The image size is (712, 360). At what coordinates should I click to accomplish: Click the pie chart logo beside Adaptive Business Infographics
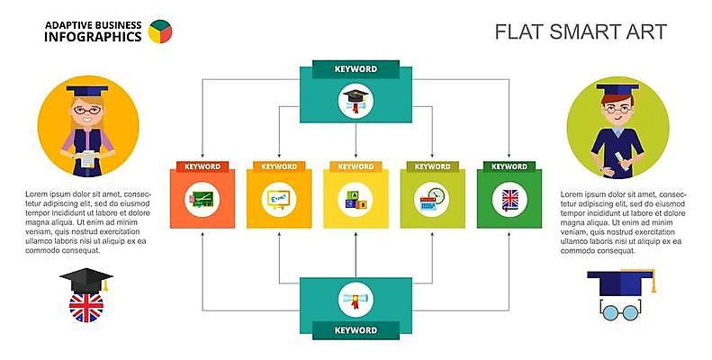coord(159,31)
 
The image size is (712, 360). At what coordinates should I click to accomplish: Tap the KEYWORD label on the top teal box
coord(356,68)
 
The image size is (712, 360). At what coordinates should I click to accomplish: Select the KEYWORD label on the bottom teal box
coord(356,330)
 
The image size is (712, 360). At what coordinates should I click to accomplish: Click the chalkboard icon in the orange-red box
coord(201,199)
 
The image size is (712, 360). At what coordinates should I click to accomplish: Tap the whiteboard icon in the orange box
coord(278,199)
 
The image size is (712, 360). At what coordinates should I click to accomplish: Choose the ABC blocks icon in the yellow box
coord(356,199)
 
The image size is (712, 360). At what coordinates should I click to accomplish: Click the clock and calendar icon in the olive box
coord(433,199)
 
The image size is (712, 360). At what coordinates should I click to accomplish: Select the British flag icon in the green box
coord(509,199)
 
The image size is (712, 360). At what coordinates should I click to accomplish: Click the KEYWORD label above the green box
coord(509,166)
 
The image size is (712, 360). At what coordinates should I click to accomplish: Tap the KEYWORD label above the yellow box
coord(356,166)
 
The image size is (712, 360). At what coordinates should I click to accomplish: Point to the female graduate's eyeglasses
coord(87,110)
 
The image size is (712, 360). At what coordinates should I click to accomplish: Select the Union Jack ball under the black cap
coord(86,307)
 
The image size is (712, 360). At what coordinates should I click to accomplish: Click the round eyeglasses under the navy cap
coord(618,312)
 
